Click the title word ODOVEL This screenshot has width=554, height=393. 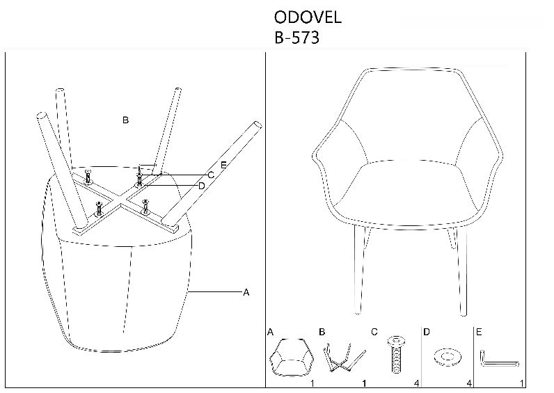click(308, 17)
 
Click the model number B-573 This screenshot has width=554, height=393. click(296, 38)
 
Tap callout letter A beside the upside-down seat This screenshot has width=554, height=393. click(246, 292)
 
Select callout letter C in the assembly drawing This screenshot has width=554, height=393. click(211, 175)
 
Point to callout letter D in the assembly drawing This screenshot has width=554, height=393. click(202, 186)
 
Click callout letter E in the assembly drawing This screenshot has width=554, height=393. click(223, 165)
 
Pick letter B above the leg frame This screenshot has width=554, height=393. click(125, 120)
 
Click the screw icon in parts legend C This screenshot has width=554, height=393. click(397, 354)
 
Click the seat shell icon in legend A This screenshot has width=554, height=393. click(292, 357)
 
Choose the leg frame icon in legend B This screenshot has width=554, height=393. click(343, 358)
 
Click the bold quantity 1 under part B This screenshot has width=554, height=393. click(364, 383)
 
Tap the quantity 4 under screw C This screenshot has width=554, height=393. click(417, 383)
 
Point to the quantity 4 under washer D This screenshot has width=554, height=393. click(469, 383)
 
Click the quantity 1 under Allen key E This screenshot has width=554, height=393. click(522, 383)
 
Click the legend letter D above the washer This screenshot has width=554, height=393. click(427, 332)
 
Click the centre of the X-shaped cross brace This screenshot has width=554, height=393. click(121, 201)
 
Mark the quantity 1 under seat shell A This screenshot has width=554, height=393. click(312, 383)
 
